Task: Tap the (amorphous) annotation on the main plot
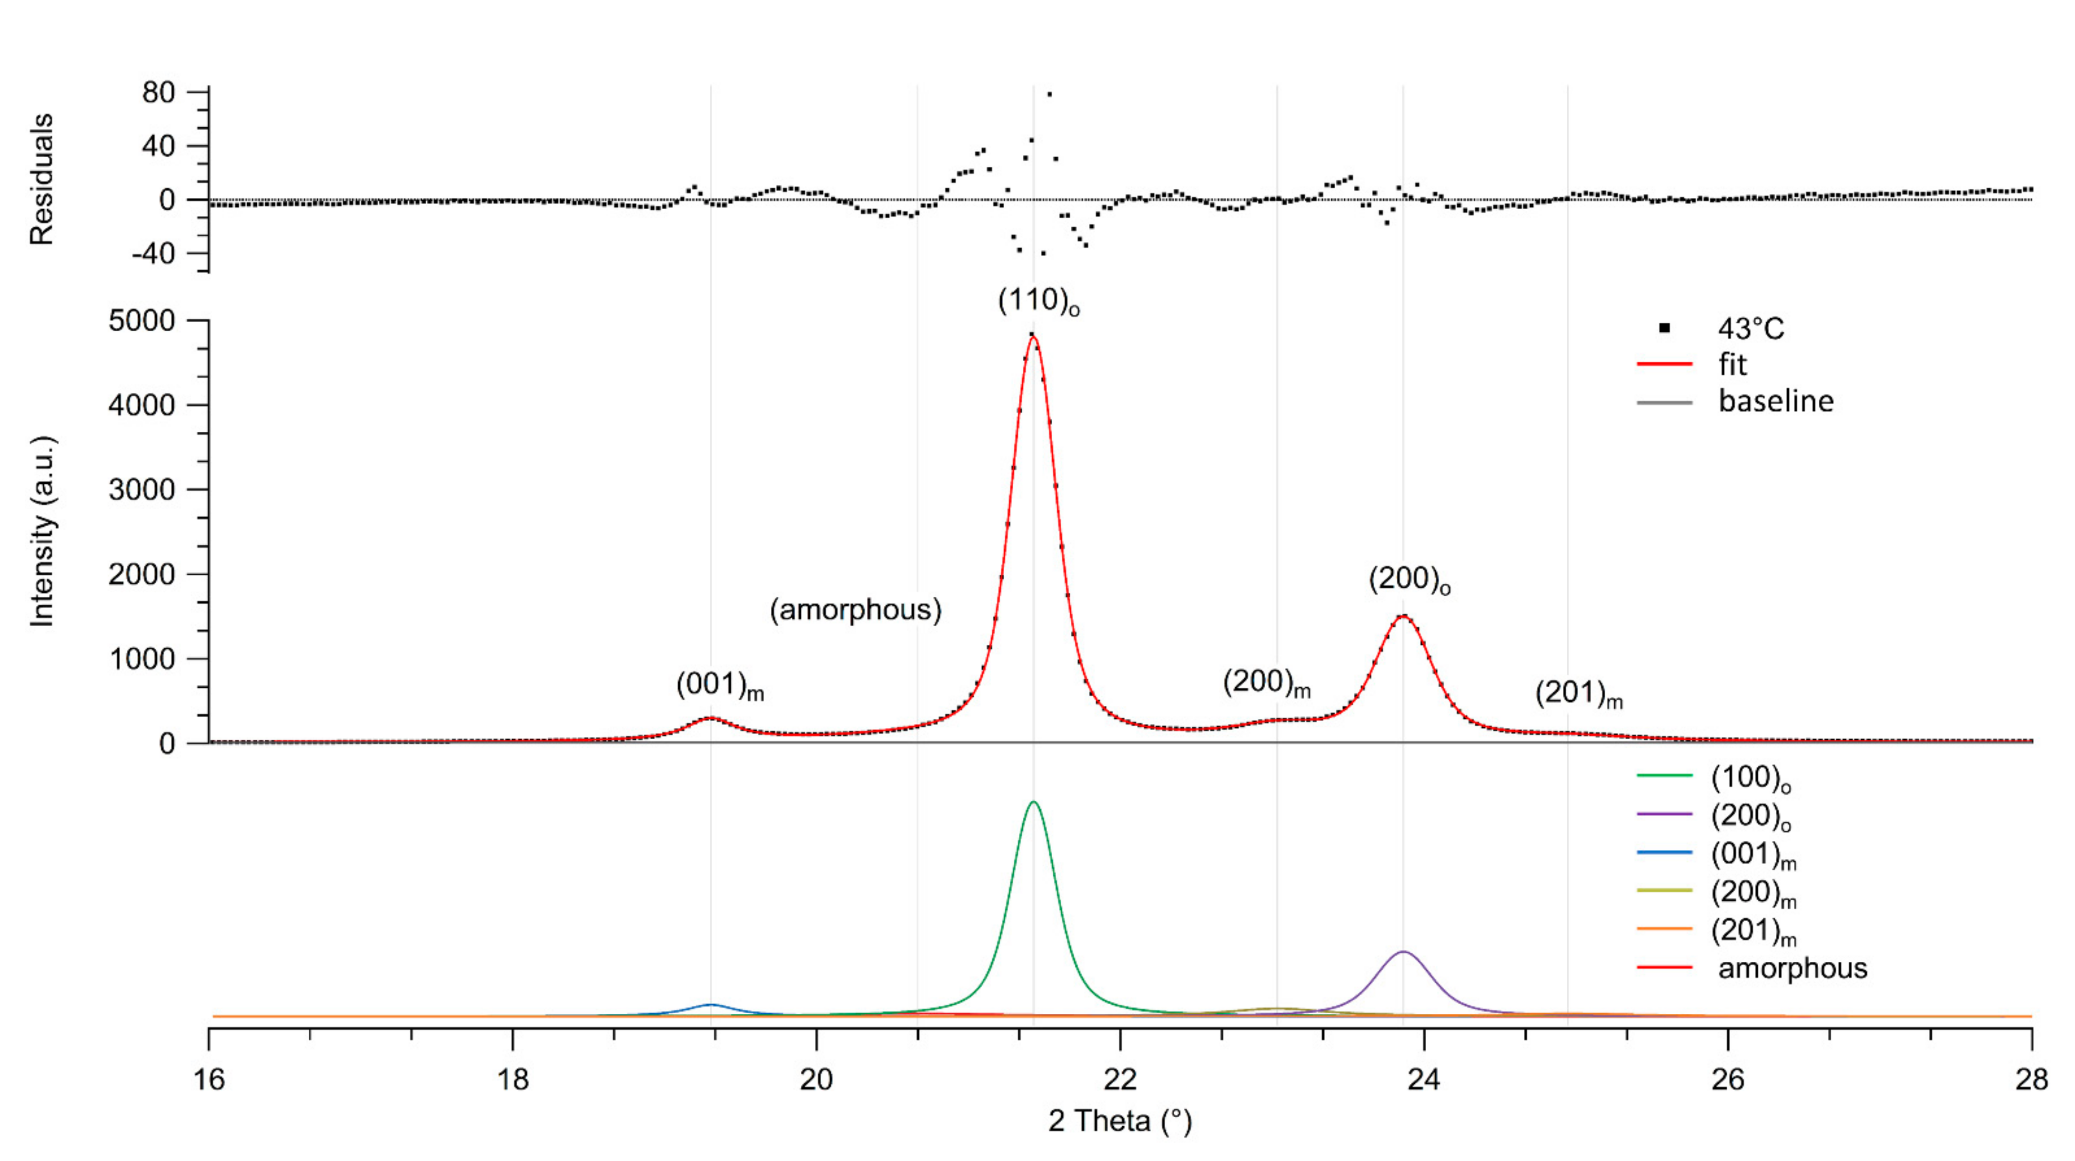tap(856, 610)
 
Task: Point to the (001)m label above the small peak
tap(719, 686)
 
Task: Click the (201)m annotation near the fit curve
tap(1578, 694)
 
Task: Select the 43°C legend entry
tap(1751, 329)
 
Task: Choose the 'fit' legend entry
tap(1732, 365)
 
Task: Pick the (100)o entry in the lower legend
tap(1751, 777)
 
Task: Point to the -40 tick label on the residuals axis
tap(152, 254)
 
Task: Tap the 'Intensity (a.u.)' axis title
tap(42, 532)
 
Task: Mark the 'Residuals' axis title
tap(42, 179)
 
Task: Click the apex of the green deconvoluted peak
tap(1034, 803)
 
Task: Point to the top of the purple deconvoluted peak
tap(1403, 952)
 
